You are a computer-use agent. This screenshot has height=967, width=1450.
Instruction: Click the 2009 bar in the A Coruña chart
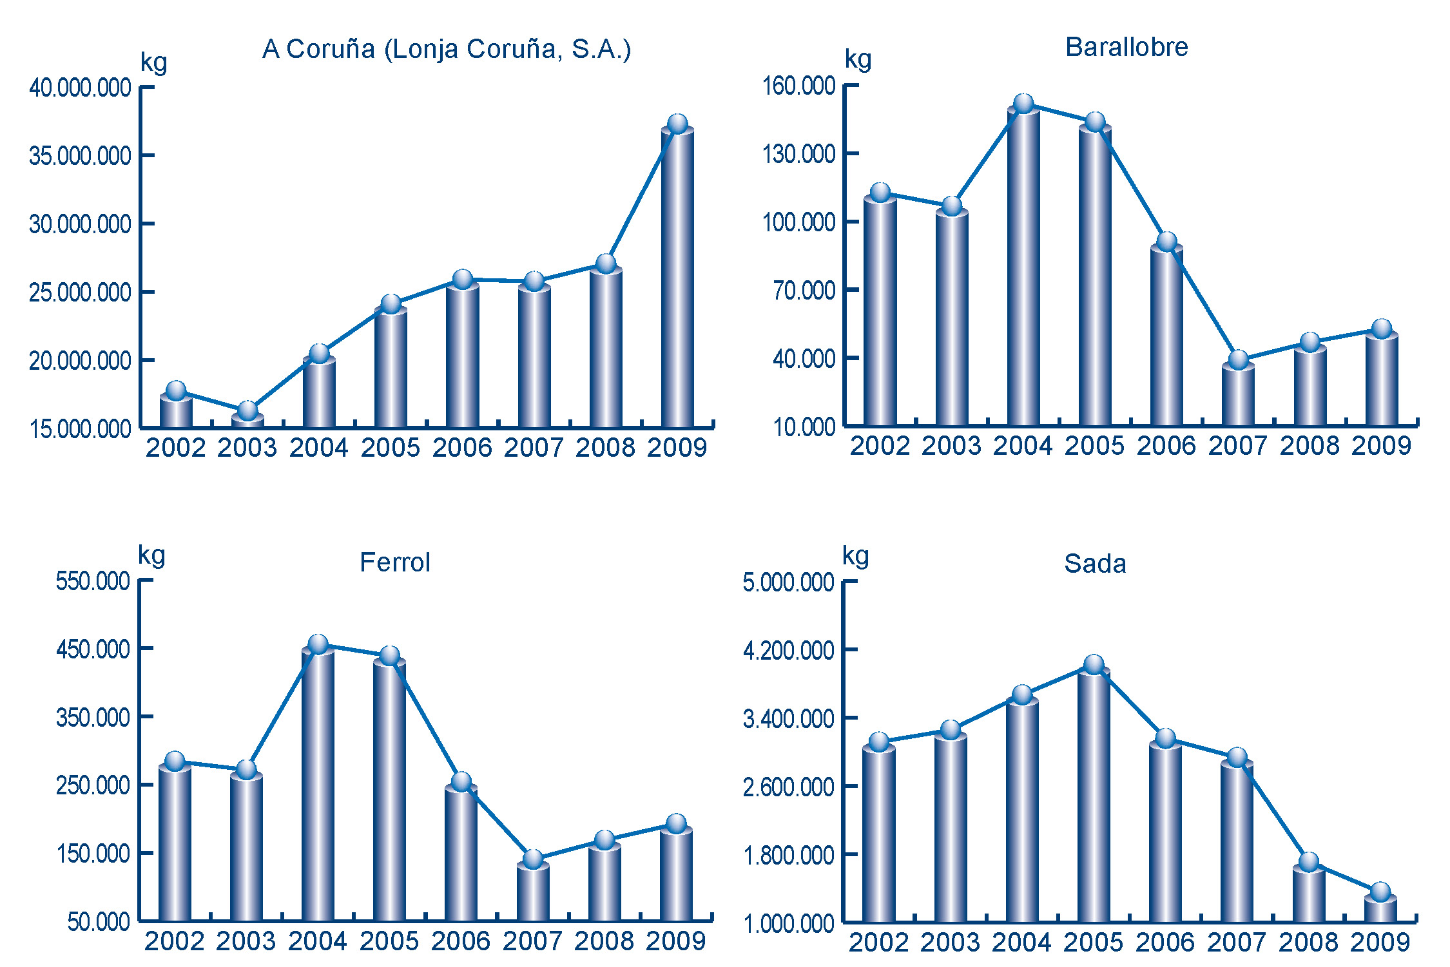[677, 277]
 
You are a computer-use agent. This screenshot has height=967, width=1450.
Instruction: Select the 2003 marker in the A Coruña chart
[247, 410]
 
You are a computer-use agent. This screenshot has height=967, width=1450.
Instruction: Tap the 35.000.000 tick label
[80, 156]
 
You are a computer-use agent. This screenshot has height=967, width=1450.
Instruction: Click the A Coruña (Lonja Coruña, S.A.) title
[447, 50]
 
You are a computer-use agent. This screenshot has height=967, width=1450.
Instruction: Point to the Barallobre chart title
[1126, 47]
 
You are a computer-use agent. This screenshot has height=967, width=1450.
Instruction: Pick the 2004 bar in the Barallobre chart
[1023, 264]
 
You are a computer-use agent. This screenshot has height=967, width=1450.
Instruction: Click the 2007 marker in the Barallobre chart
[1238, 359]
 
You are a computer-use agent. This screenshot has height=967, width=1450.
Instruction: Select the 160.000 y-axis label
[799, 86]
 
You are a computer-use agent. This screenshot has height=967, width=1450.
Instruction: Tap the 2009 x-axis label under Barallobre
[1381, 446]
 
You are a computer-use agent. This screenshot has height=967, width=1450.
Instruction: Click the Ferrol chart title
[394, 563]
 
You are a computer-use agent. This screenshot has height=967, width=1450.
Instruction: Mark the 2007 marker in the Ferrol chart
[533, 859]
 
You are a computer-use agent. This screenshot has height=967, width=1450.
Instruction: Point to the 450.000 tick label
[93, 649]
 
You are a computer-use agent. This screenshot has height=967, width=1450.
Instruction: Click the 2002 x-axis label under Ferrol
[174, 941]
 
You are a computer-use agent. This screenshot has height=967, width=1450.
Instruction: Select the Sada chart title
[1095, 564]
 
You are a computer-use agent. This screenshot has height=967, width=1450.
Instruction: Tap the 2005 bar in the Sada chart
[1094, 796]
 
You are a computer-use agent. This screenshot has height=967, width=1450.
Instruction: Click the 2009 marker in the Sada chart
[1380, 892]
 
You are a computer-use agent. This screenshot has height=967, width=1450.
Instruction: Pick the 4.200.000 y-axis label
[789, 651]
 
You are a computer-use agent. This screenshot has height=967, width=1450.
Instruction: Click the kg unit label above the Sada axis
[856, 555]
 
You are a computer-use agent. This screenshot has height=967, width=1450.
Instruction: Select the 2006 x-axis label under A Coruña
[462, 448]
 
